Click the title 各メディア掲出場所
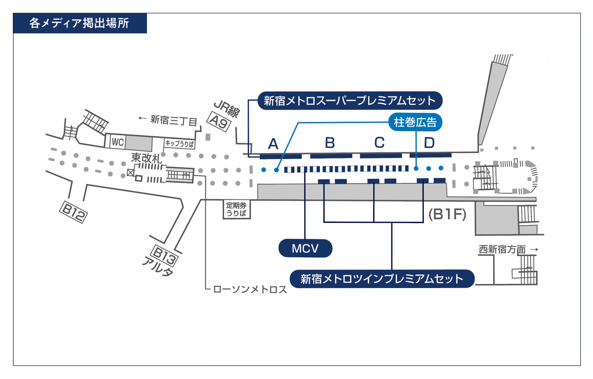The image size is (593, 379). point(79,23)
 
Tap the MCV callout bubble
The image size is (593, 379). point(305,248)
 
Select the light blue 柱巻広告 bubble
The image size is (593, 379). point(415,122)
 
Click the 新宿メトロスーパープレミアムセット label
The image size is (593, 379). point(350,101)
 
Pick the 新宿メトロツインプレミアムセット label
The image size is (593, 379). point(382,279)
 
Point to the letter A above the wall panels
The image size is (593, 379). point(273,144)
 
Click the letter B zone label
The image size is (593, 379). point(330,143)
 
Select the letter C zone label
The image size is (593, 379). point(379,142)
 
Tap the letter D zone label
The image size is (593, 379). point(429,143)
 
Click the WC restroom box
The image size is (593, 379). point(118,142)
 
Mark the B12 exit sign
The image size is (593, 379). point(73,212)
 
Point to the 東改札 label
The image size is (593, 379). point(146,158)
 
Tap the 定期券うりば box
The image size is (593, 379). point(237,209)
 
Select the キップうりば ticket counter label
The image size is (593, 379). point(179,144)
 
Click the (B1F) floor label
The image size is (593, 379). point(447,214)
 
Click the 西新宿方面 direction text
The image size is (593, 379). point(502,249)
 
